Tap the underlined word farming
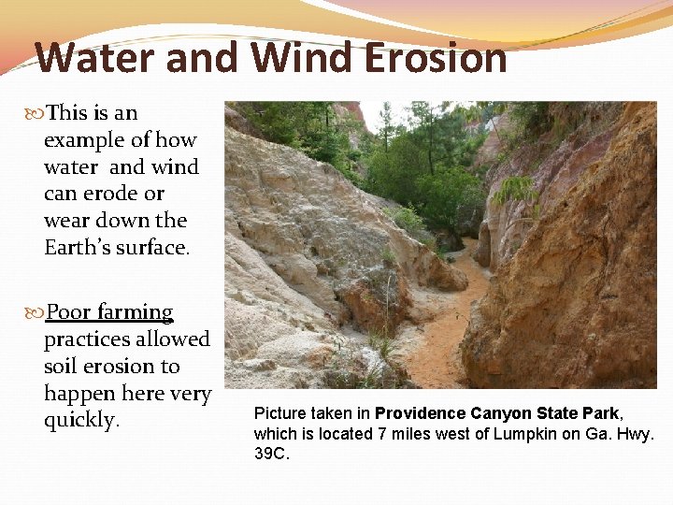(x=136, y=312)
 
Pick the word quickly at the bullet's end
(x=81, y=421)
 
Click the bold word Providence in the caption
(x=421, y=413)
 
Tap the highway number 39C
(x=272, y=454)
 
